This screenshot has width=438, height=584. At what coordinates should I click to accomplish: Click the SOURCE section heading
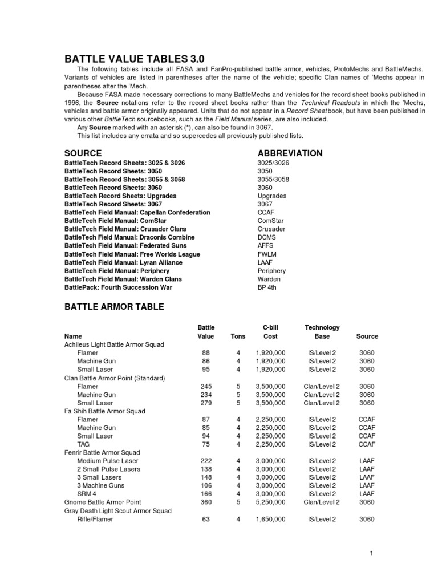(83, 153)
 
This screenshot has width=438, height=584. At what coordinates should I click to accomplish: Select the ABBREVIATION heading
(290, 153)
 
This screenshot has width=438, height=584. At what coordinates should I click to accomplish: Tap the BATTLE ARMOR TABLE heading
(114, 307)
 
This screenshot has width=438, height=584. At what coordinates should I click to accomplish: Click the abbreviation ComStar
(271, 221)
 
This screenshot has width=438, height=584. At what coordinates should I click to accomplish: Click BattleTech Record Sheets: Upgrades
(120, 196)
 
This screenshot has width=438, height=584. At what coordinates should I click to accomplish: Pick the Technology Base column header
(322, 332)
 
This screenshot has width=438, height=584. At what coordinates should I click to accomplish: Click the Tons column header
(238, 336)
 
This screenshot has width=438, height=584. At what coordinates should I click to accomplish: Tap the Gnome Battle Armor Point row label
(103, 502)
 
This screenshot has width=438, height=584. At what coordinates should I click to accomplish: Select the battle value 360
(206, 502)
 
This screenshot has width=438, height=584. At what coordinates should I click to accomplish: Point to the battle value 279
(206, 403)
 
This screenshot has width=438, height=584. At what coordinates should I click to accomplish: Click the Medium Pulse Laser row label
(108, 461)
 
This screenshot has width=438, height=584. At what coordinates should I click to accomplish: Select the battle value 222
(206, 461)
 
